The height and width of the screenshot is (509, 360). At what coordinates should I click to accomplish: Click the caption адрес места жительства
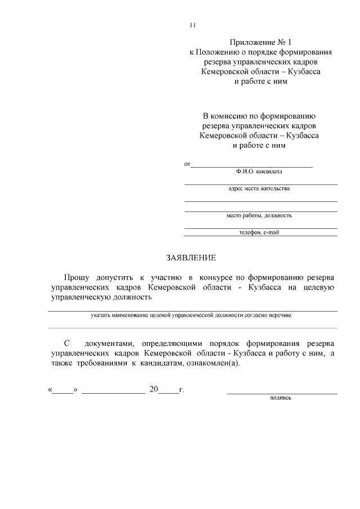[259, 189]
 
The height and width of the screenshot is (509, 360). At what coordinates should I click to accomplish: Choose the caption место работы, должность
[259, 215]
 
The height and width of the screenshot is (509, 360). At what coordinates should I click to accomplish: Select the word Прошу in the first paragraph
[76, 277]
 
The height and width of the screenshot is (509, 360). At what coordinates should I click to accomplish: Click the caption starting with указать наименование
[191, 316]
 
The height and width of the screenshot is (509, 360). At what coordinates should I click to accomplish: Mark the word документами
[110, 343]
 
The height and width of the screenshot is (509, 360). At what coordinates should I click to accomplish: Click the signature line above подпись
[282, 393]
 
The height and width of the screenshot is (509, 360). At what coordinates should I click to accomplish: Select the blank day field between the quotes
[64, 390]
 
